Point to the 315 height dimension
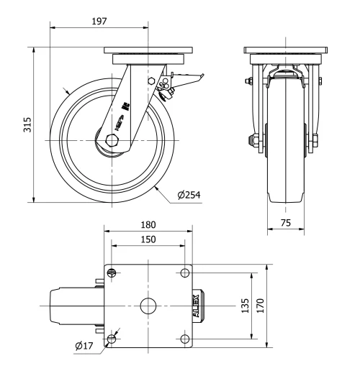[27, 126]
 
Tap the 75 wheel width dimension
[286, 223]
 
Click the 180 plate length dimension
[148, 225]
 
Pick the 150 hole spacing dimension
[148, 239]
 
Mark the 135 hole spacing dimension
[245, 305]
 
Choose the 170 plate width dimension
[261, 305]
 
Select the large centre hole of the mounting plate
[148, 305]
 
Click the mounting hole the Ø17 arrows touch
[112, 338]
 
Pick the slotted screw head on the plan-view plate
[112, 272]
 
